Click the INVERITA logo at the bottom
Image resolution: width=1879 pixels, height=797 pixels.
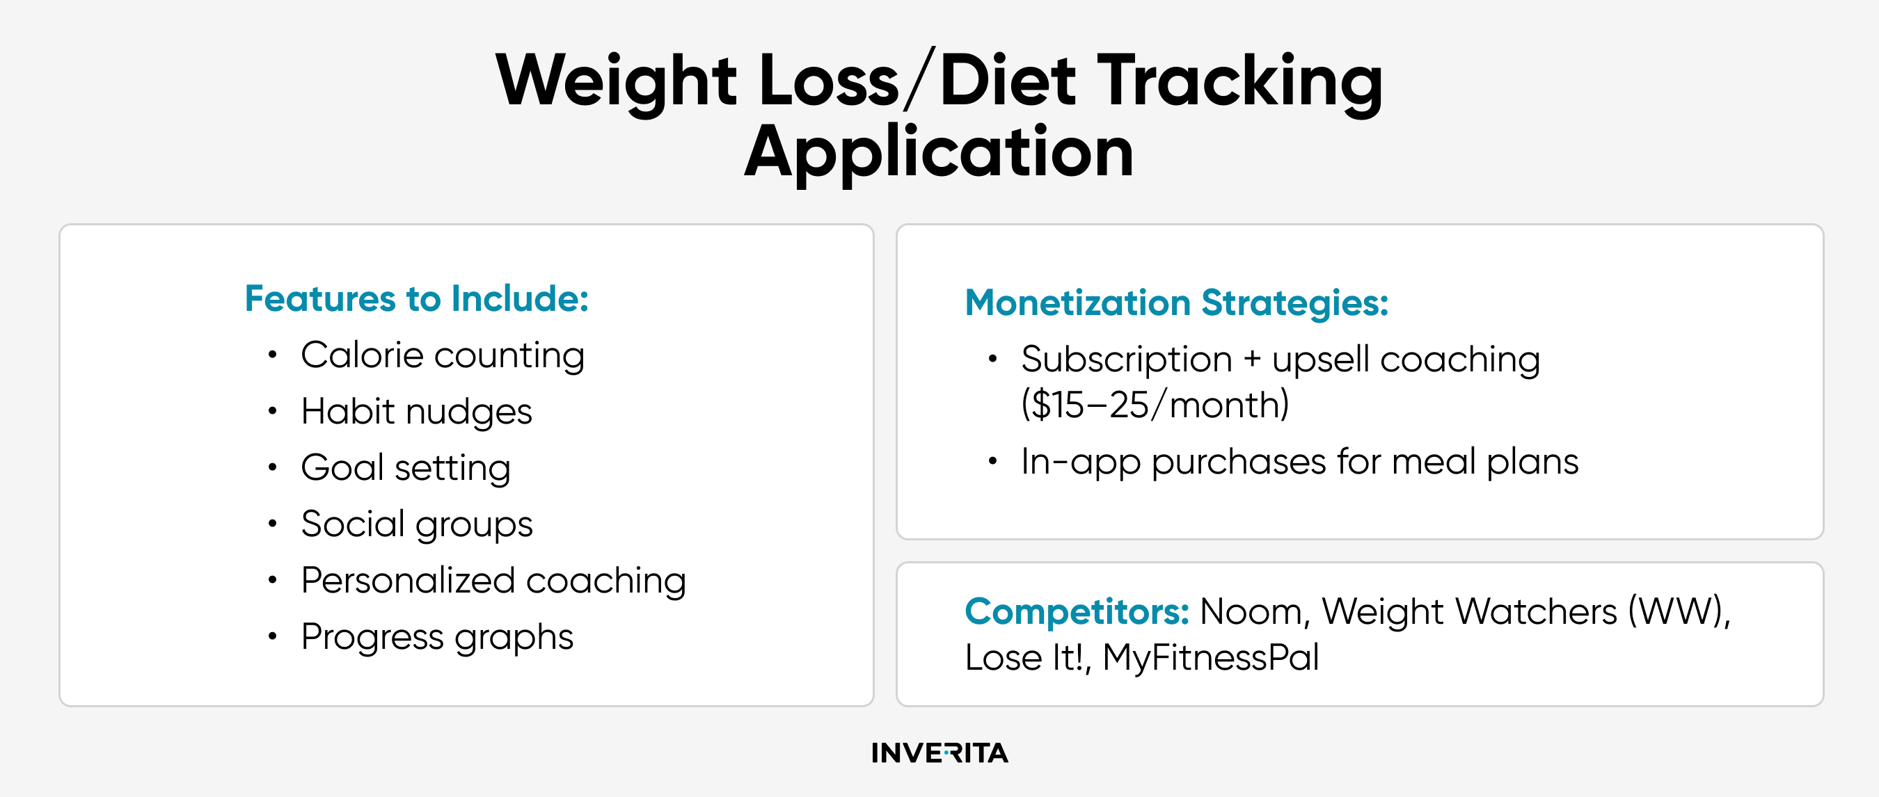coord(939,752)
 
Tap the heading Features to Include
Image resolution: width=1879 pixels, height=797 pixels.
coord(416,298)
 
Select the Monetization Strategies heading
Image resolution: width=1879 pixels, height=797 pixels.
coord(1177,303)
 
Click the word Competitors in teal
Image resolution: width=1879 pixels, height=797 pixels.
coord(1077,611)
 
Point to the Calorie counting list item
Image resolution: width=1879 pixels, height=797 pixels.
coord(443,356)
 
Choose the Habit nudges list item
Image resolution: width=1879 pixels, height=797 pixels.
coord(416,412)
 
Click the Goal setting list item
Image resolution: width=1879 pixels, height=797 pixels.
coord(406,468)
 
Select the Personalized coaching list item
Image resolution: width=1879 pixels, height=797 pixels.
coord(494,581)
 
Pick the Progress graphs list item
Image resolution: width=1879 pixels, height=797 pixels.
coord(437,637)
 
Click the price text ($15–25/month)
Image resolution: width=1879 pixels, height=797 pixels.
coord(1155,404)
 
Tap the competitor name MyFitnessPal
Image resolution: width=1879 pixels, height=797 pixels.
coord(1211,657)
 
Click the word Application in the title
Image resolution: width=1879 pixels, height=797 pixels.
coord(939,152)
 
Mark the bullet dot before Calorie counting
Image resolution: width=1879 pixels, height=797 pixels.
coord(272,355)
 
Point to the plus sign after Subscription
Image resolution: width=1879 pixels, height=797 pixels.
coord(1252,360)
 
